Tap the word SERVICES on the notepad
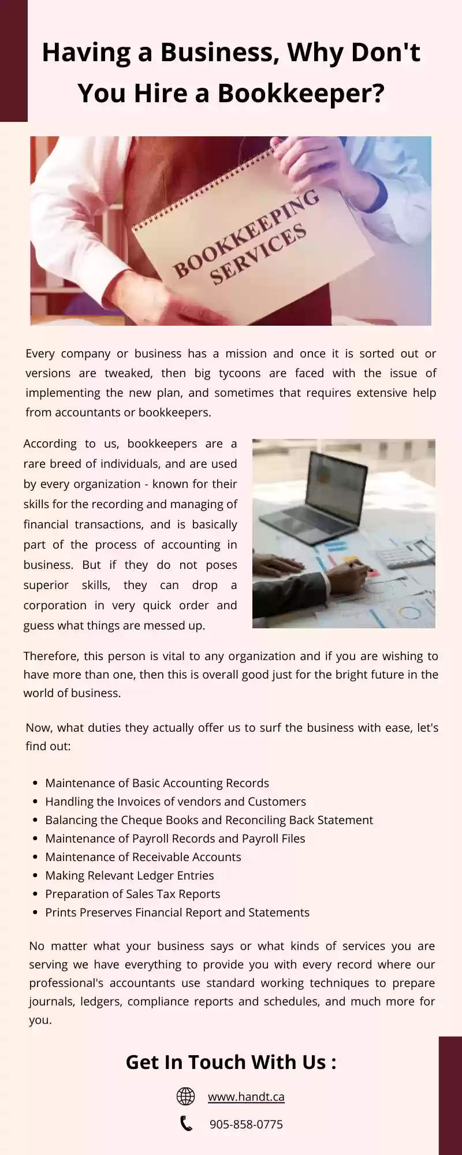tap(258, 255)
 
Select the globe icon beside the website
tap(185, 1096)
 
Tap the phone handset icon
tap(186, 1124)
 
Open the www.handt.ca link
tap(246, 1097)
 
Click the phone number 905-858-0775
tap(246, 1124)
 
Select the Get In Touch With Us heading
tap(231, 1062)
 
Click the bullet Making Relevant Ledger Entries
tap(129, 875)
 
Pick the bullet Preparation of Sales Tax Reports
tap(133, 894)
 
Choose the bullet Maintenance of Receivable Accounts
tap(143, 857)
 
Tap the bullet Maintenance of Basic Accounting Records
tap(157, 783)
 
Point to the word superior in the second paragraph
tap(46, 585)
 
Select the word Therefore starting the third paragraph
tap(50, 656)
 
